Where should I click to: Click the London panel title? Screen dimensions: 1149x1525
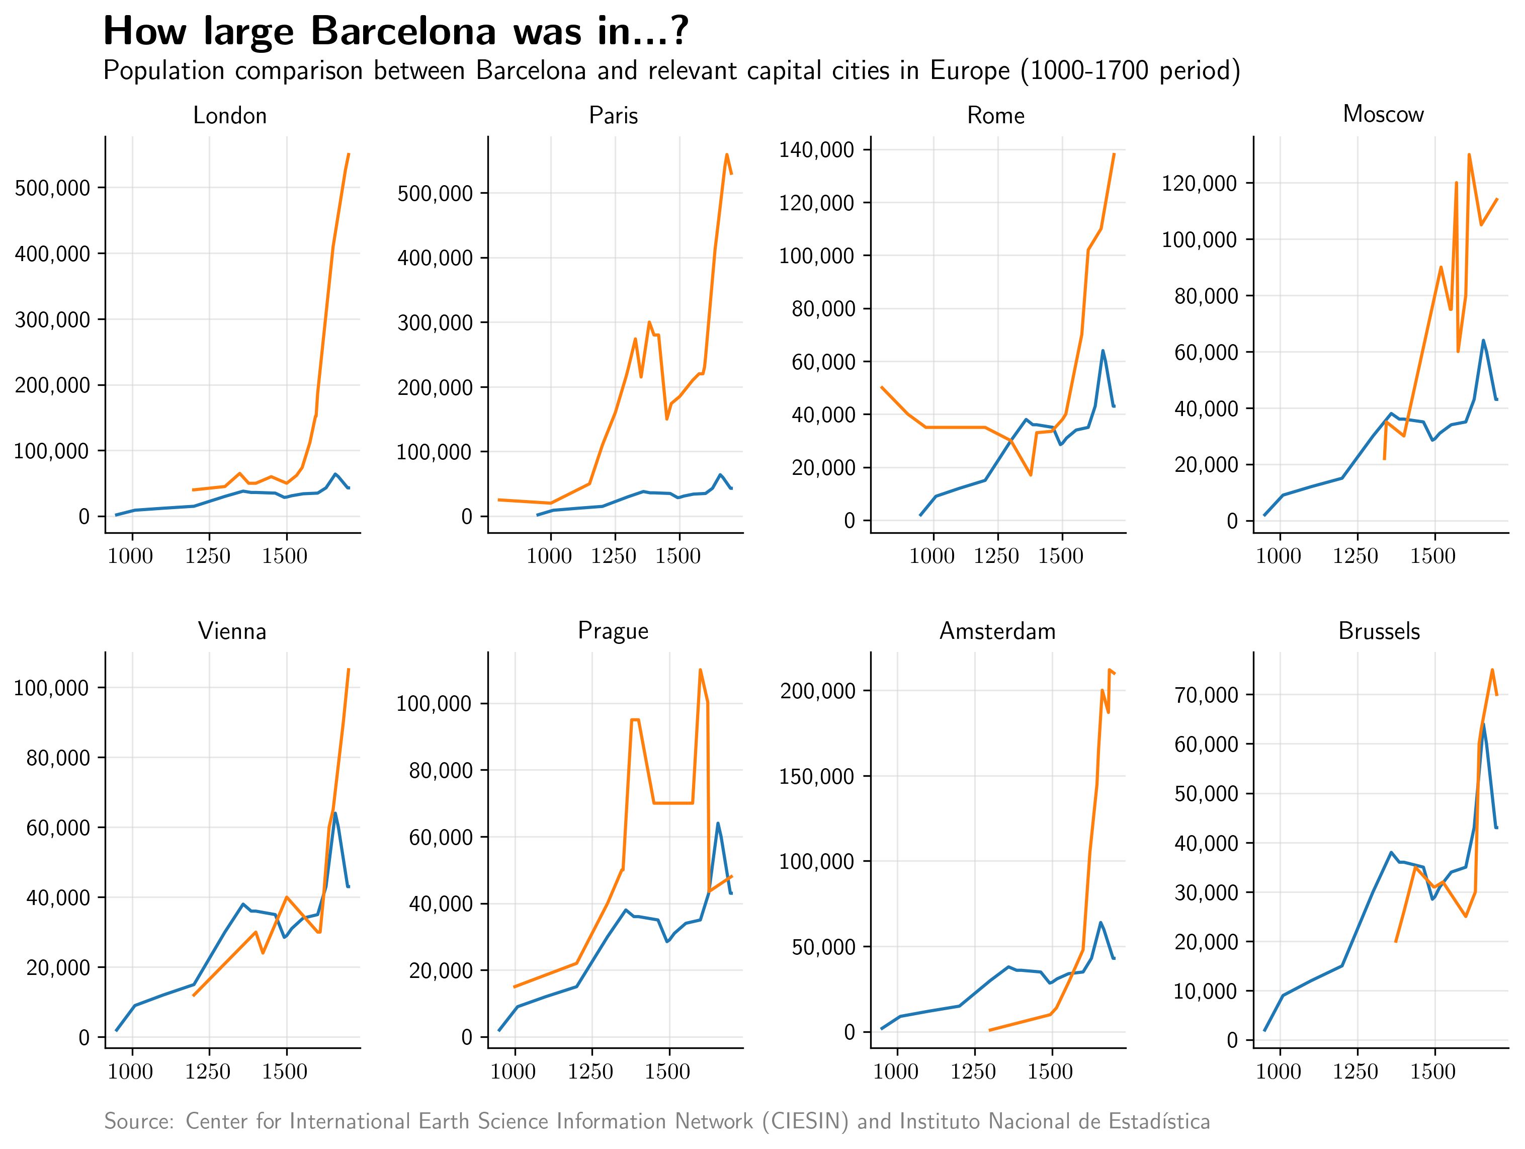(x=229, y=115)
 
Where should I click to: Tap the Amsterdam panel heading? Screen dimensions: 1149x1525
(x=997, y=631)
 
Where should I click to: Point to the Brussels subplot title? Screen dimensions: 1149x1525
(x=1379, y=631)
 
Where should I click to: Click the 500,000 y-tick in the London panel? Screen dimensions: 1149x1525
(x=52, y=188)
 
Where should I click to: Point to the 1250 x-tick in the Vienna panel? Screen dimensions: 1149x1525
(x=208, y=1072)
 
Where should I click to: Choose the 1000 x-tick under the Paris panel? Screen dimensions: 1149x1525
(x=549, y=556)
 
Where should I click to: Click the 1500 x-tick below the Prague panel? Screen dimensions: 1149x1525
(x=668, y=1072)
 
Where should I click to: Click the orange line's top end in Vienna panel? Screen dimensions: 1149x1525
(x=349, y=669)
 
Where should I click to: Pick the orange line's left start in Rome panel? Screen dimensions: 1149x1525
(x=882, y=387)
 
